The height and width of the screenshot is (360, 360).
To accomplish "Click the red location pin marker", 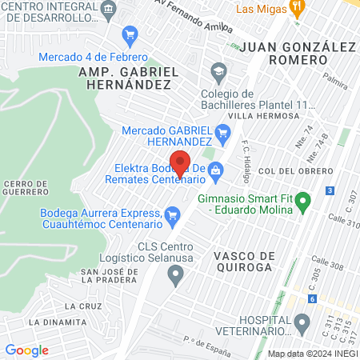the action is pos(181,162).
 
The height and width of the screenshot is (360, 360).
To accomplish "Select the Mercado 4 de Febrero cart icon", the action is pos(129,35).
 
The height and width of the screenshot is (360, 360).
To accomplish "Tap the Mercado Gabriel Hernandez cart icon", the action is pos(224,132).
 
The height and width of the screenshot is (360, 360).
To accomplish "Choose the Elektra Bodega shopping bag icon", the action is pos(215,170).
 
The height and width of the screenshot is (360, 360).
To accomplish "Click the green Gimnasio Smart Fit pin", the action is pos(302,205).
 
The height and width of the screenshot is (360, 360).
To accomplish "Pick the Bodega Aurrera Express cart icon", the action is pos(171,215).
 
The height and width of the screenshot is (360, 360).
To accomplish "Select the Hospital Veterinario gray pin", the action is pos(302,324).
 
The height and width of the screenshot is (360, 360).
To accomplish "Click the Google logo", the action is pos(26,350).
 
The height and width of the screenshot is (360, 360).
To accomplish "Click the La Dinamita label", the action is pos(57,322).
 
